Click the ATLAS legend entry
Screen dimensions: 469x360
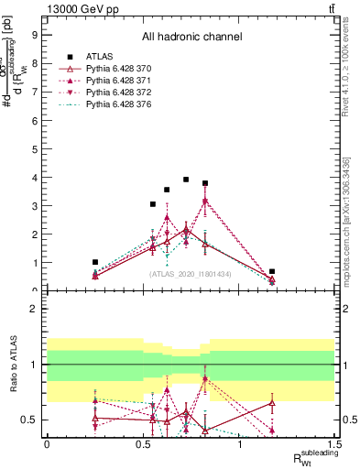pos(100,56)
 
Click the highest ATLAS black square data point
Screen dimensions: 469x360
pos(186,180)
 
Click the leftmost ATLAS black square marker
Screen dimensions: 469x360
pos(95,262)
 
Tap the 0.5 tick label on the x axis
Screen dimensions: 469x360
pos(143,443)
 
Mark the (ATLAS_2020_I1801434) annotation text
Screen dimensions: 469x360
pos(191,274)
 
